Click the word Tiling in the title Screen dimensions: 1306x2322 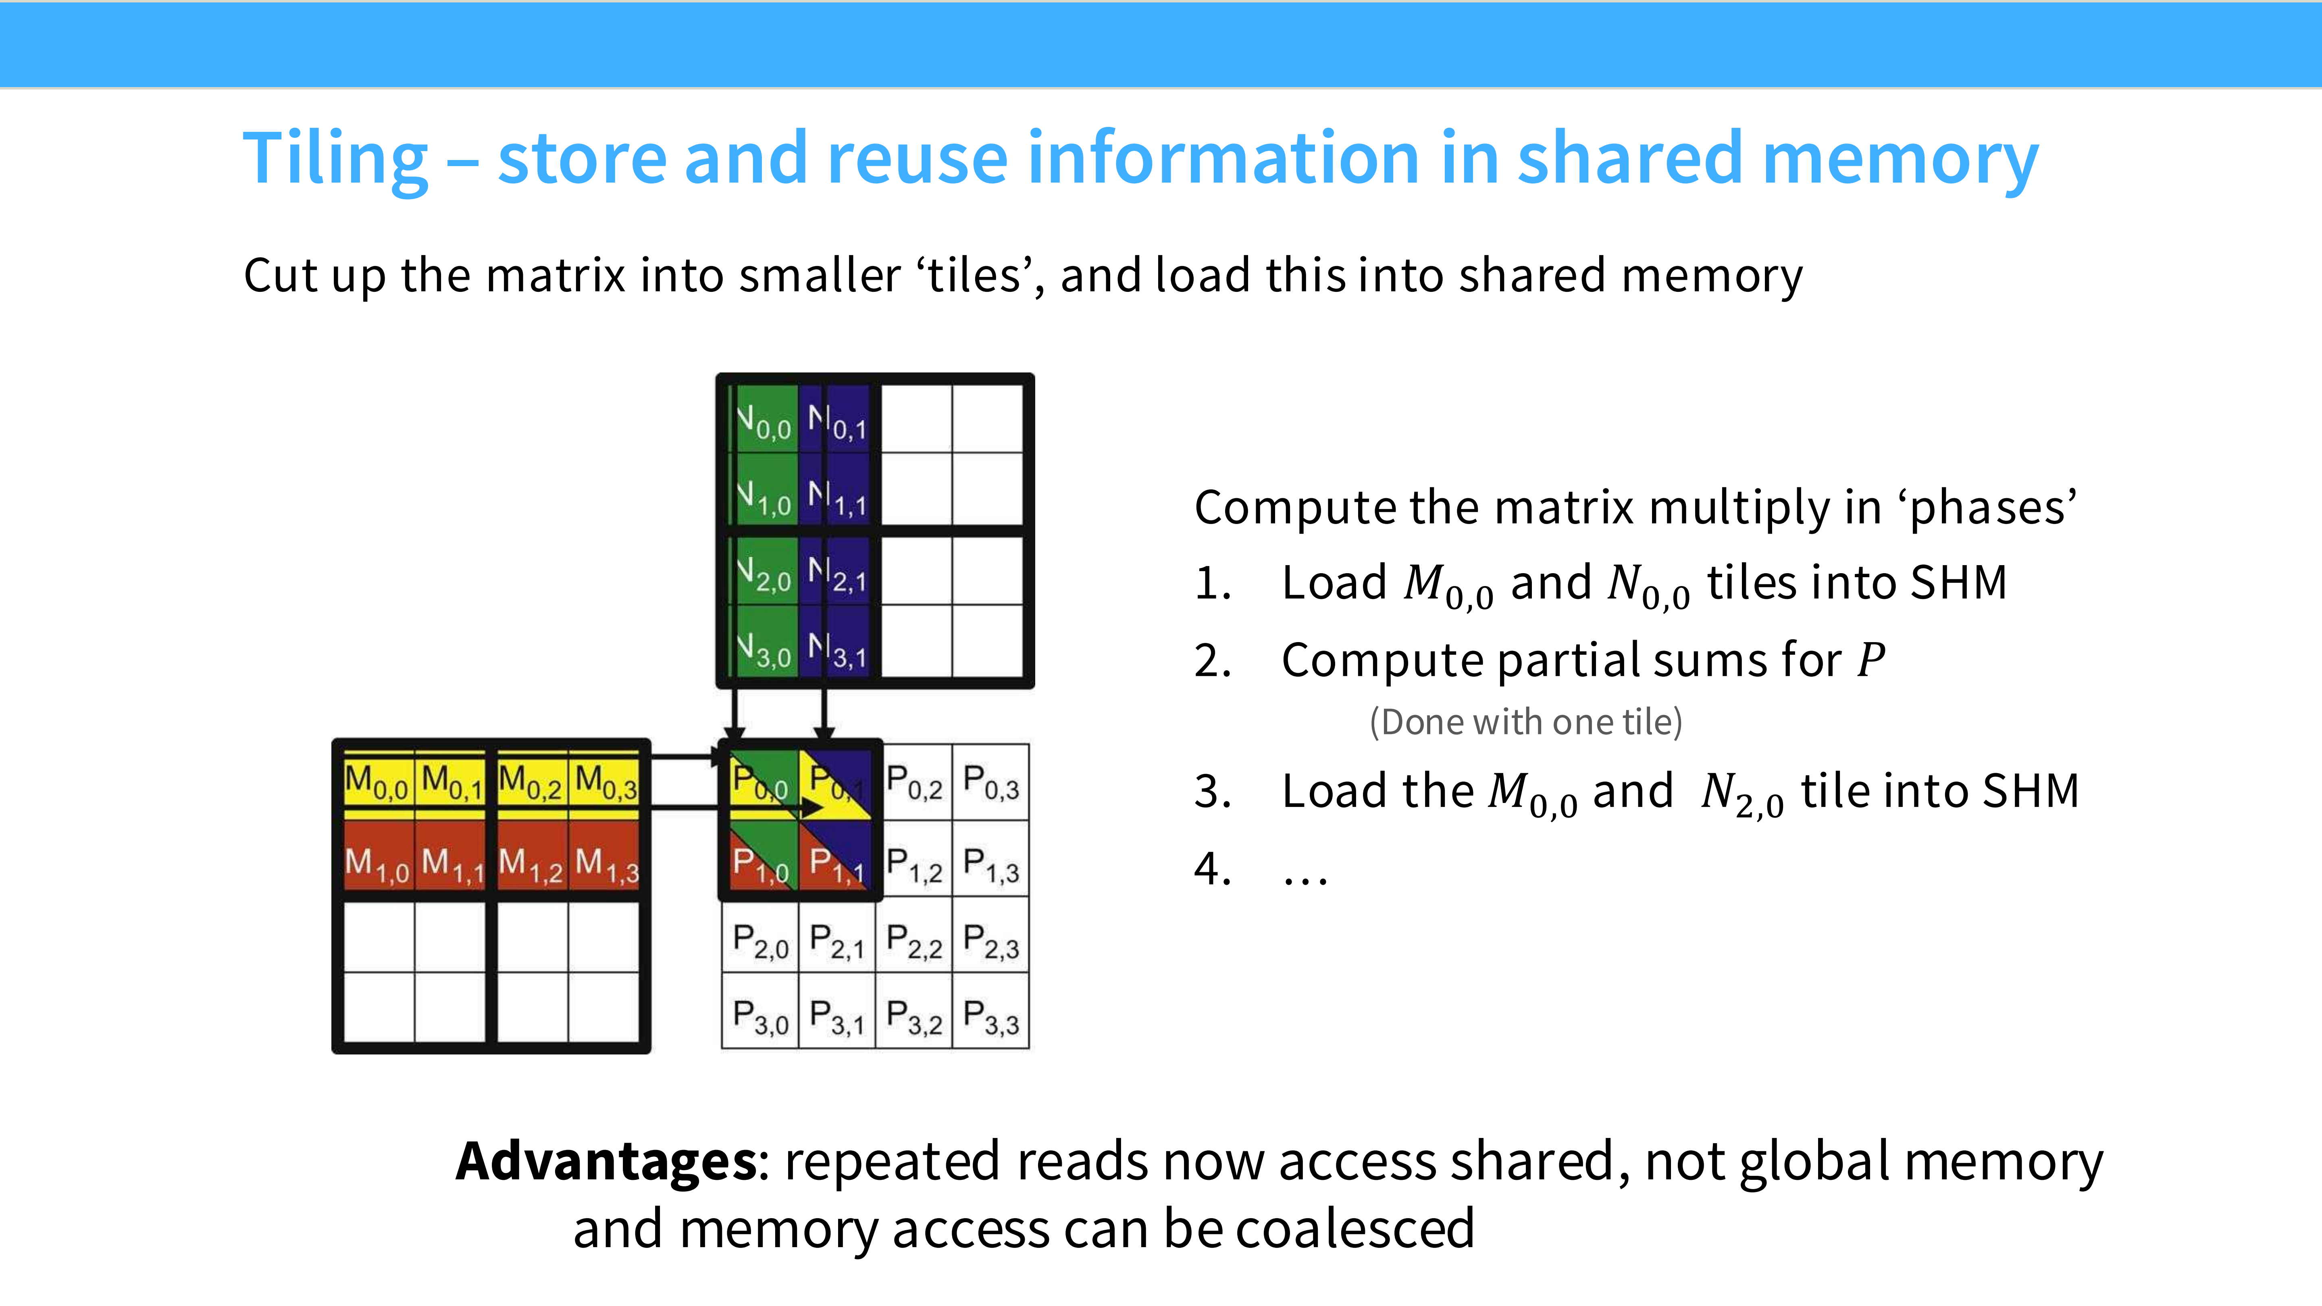coord(335,160)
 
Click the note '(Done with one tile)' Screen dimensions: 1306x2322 coord(1525,722)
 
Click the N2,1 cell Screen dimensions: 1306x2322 coord(837,573)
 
